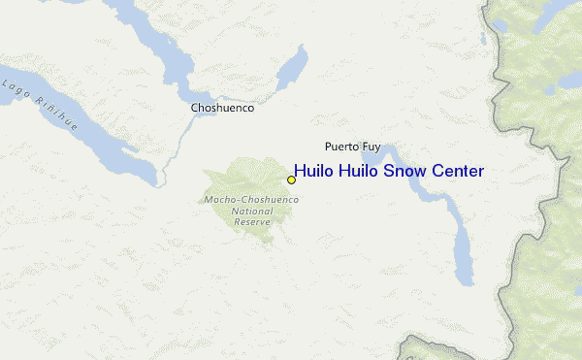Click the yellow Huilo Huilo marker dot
click(x=291, y=180)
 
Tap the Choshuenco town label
click(x=222, y=109)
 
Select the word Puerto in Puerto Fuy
click(x=340, y=147)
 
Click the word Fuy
click(x=372, y=147)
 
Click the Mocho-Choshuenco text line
click(x=251, y=200)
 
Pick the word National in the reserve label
click(x=251, y=211)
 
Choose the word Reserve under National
click(x=251, y=221)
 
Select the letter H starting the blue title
click(x=299, y=171)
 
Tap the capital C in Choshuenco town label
click(x=195, y=109)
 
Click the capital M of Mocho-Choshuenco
click(x=209, y=200)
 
